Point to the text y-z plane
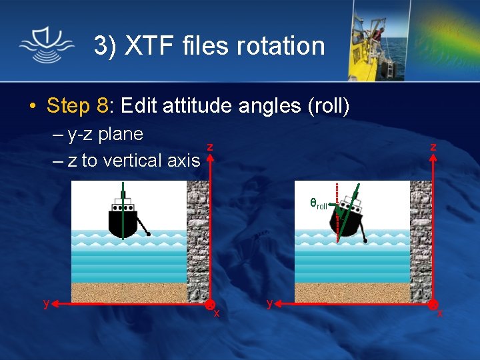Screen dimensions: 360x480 106,134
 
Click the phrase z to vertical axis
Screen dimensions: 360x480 134,160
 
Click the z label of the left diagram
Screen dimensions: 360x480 210,147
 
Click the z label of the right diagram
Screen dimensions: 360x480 433,147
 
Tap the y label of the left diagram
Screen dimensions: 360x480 46,303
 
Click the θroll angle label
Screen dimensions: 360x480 318,205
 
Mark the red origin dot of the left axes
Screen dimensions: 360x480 209,305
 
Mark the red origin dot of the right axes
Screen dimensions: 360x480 433,305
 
